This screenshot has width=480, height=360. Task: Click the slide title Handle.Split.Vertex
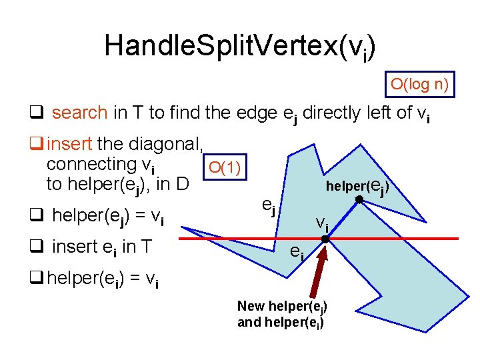tap(239, 45)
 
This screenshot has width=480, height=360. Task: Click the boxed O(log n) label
tap(419, 85)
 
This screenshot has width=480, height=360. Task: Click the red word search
tap(79, 113)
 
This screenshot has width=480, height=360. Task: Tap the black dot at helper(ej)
tap(359, 199)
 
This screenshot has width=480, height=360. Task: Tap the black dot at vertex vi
tap(325, 238)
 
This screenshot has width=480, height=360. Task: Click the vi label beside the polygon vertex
tap(321, 222)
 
